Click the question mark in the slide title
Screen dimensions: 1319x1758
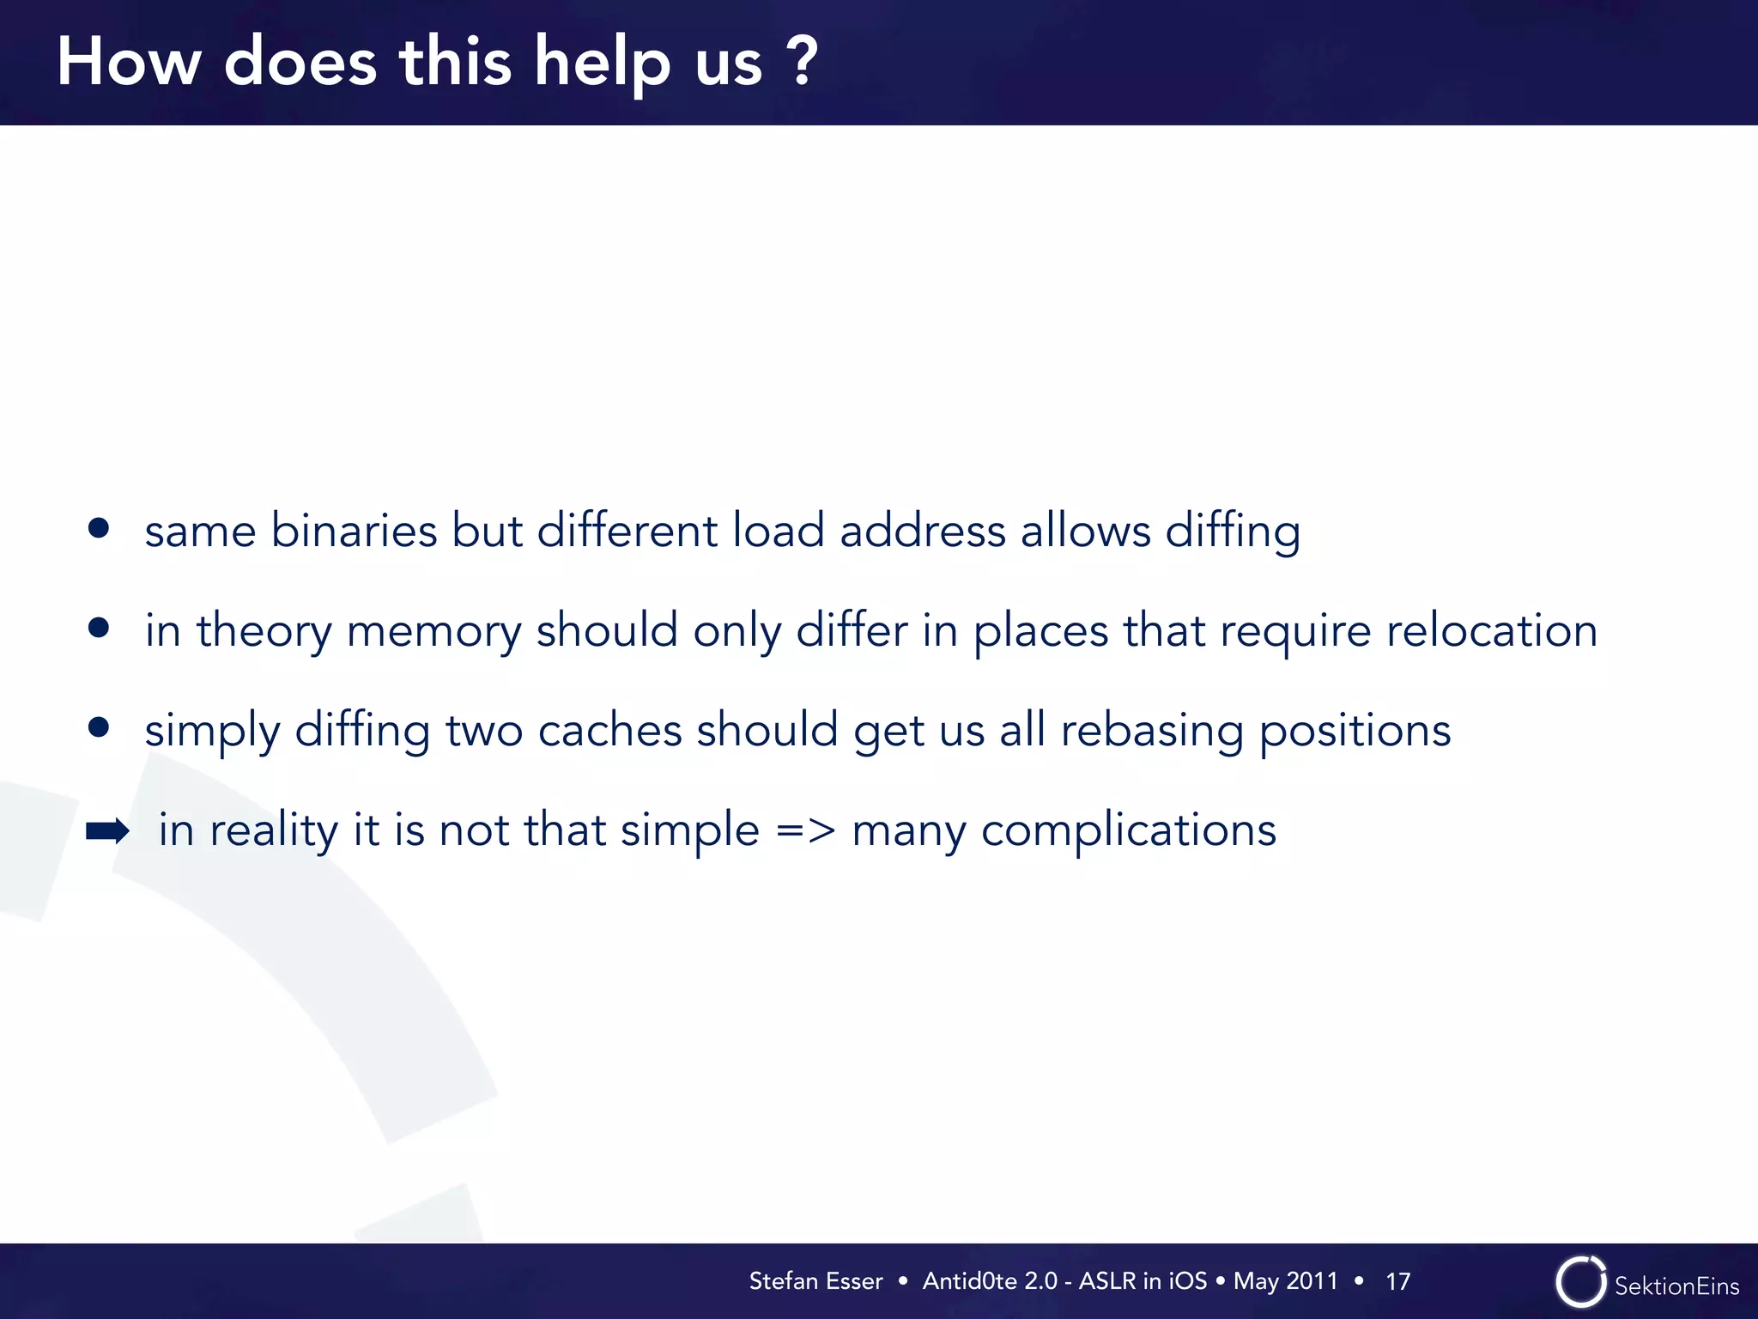[802, 62]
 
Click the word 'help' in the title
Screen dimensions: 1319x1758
[602, 64]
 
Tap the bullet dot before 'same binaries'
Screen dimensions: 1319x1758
[99, 528]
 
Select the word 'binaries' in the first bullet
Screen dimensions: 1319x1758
[354, 530]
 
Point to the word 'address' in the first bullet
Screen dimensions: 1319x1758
[922, 530]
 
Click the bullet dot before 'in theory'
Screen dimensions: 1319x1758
[99, 628]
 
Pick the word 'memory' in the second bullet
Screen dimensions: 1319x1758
[433, 632]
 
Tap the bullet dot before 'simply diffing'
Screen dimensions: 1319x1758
[99, 728]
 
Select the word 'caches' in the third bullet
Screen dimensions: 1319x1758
[609, 730]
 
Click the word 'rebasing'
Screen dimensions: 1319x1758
[1152, 732]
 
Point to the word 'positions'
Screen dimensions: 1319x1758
[1355, 732]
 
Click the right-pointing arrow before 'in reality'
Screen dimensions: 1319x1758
[107, 830]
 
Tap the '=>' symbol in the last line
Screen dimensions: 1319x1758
[805, 830]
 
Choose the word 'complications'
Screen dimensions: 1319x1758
[1128, 831]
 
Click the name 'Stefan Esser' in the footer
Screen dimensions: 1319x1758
[815, 1281]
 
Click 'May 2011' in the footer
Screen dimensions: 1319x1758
[1285, 1281]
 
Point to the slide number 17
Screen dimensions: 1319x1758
[1397, 1282]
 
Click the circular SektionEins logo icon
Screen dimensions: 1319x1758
[1580, 1282]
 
